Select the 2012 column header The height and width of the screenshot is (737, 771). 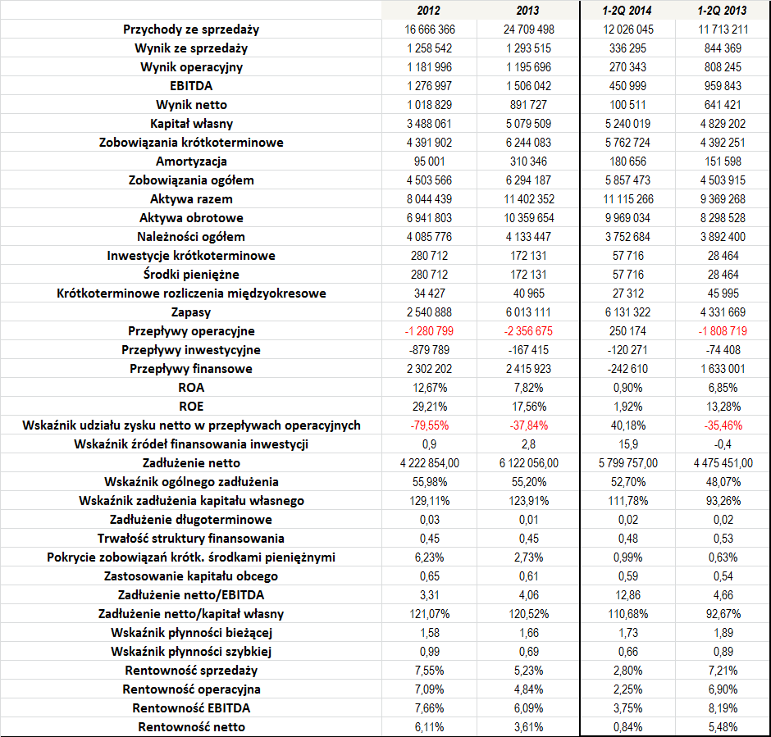tap(428, 11)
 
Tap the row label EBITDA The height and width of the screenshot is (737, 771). tap(191, 86)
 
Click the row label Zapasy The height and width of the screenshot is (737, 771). tap(191, 312)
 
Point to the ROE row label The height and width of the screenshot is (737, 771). tap(191, 407)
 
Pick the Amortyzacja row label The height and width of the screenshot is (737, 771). tap(191, 162)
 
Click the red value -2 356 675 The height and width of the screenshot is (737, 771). tap(528, 331)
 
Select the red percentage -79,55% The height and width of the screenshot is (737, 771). tap(429, 425)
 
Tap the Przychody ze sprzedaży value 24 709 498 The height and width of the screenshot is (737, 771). tap(528, 30)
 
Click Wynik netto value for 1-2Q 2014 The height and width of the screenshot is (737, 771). tap(628, 105)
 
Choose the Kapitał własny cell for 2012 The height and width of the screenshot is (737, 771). tap(429, 124)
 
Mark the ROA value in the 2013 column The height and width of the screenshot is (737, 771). tap(528, 388)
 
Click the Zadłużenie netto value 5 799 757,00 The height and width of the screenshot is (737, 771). tap(628, 463)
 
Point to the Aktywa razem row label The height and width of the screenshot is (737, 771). tap(191, 199)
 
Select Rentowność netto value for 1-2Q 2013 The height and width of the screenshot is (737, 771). tap(723, 727)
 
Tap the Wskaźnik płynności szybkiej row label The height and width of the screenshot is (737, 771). tap(191, 652)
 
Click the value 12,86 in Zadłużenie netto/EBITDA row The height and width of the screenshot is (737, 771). tap(628, 595)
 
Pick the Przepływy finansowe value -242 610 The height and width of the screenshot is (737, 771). tap(627, 369)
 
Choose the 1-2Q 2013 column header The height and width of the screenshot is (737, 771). tap(722, 11)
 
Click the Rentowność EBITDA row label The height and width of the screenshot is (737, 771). tap(191, 708)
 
